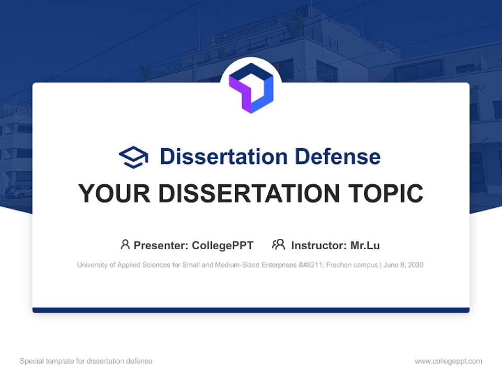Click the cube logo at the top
click(x=251, y=88)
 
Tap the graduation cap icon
click(x=133, y=157)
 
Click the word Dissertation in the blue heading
click(x=223, y=157)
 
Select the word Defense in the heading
click(x=338, y=157)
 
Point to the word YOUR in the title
click(x=115, y=193)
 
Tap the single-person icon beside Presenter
click(x=125, y=245)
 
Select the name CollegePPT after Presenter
click(x=223, y=246)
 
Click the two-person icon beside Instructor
click(x=279, y=245)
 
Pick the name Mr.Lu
click(x=365, y=246)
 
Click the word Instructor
click(x=319, y=246)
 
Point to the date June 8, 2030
click(x=403, y=265)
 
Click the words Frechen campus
click(x=352, y=265)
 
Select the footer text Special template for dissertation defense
click(x=86, y=361)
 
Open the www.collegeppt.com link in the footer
click(x=448, y=361)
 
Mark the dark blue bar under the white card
click(x=251, y=310)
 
